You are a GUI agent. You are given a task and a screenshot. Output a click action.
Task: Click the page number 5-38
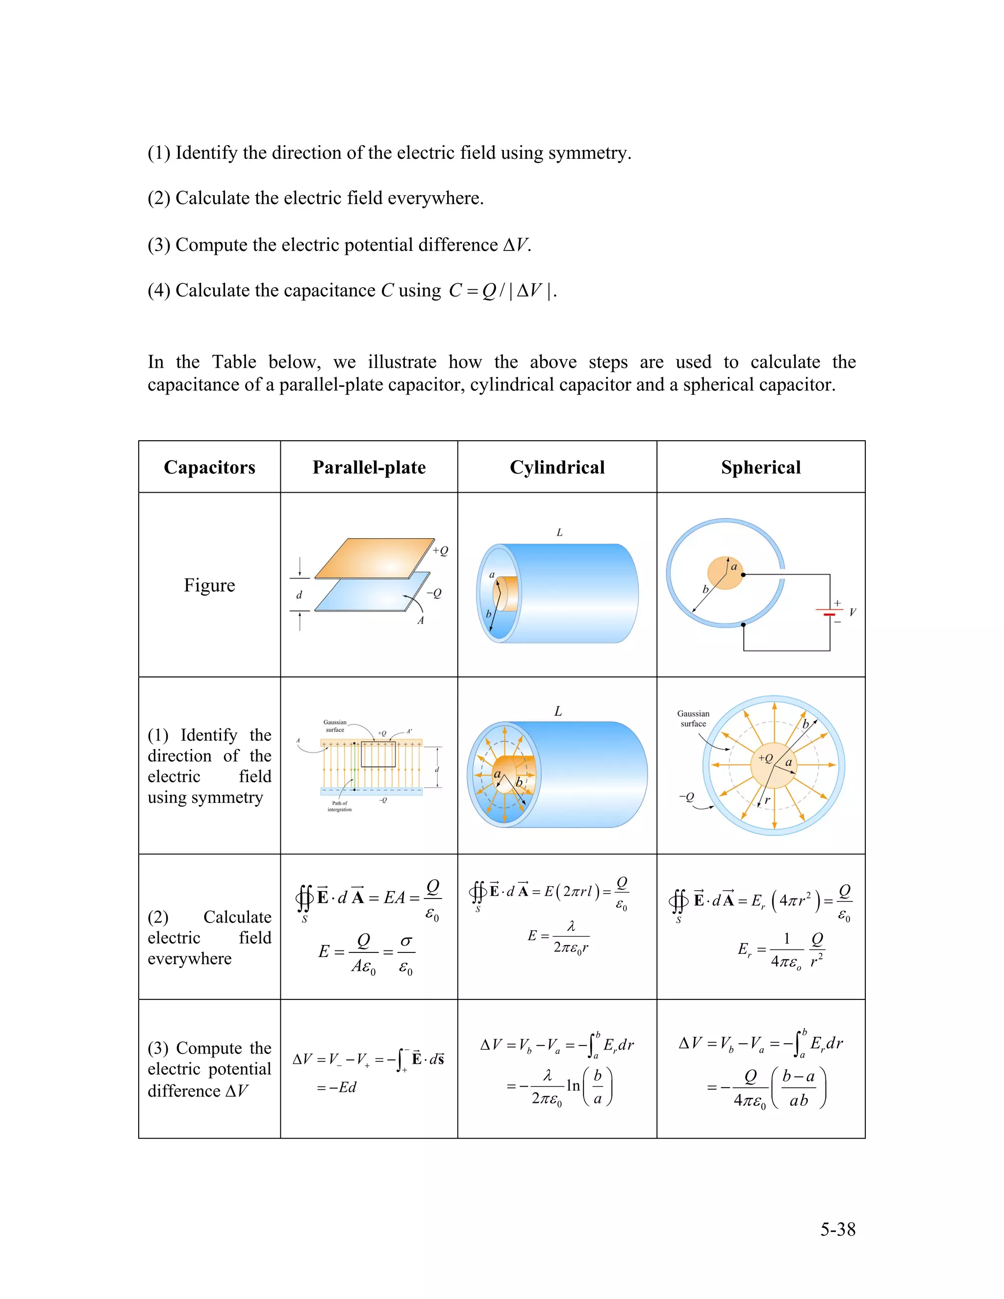coord(837,1229)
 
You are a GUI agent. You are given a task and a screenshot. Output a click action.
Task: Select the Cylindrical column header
coord(557,468)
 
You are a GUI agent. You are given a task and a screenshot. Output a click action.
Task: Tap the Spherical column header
coord(760,468)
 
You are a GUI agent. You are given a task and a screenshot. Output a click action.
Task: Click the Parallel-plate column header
coord(369,468)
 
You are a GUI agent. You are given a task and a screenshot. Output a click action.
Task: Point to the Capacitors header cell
coord(209,468)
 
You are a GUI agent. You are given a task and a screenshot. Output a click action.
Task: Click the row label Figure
coord(209,585)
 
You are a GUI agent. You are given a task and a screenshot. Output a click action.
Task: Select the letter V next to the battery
coord(853,612)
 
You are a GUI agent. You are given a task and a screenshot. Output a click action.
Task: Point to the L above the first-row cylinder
coord(559,533)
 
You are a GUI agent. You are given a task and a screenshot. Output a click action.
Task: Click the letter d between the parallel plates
coord(299,595)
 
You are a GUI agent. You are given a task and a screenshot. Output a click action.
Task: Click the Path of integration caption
coord(340,806)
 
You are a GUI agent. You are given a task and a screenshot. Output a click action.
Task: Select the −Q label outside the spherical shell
coord(686,797)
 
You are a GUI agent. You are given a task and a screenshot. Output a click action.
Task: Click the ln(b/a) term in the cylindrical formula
coord(588,1087)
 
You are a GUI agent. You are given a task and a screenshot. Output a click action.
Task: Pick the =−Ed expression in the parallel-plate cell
coord(337,1087)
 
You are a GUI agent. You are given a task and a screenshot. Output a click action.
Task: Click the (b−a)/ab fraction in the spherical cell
coord(798,1088)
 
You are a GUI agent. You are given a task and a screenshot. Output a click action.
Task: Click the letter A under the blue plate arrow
coord(421,621)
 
